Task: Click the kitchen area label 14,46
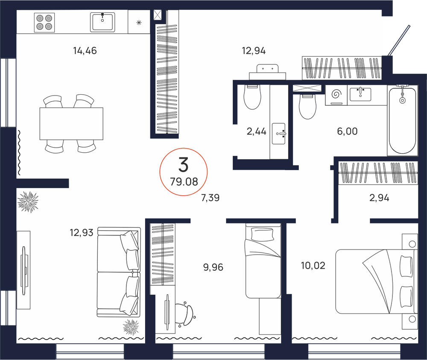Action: point(85,51)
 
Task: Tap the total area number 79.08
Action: point(184,182)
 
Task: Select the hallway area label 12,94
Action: point(254,51)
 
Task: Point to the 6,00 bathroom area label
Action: point(347,131)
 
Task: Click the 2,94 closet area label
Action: point(379,198)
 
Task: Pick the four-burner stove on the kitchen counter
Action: point(44,22)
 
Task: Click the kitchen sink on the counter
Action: point(102,22)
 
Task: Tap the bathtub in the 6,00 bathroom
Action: point(403,121)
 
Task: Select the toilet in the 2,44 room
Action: point(252,97)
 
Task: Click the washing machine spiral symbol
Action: point(336,94)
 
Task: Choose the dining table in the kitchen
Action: point(71,124)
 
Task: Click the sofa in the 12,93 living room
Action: point(119,272)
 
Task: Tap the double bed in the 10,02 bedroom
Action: point(377,282)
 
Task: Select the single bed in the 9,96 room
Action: point(263,261)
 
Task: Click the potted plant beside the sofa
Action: point(131,327)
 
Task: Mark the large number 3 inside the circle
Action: point(184,165)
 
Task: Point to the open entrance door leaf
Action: point(399,41)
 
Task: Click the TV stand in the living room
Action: point(23,270)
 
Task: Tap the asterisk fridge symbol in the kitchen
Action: point(139,23)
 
